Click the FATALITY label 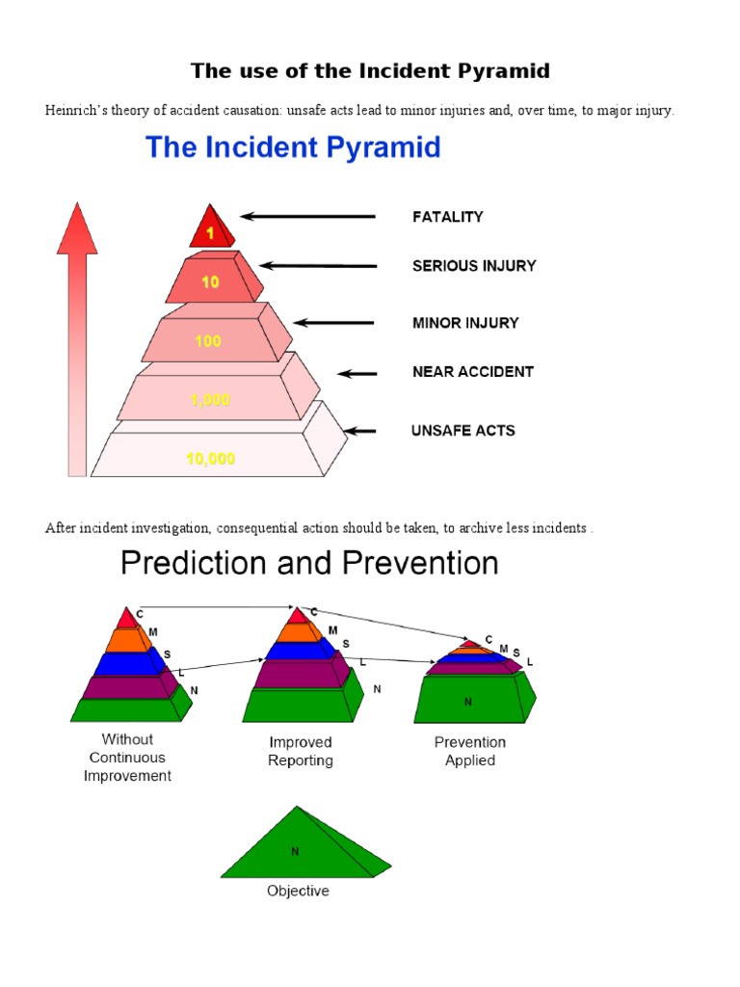pos(448,217)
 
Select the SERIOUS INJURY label pos(474,265)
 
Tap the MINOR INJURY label pos(465,323)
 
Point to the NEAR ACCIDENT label pos(473,371)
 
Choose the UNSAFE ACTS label pos(462,430)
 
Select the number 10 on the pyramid pos(210,282)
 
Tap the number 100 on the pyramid pos(207,341)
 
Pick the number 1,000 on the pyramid pos(210,400)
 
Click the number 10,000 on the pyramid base pos(210,459)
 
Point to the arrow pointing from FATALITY pos(307,217)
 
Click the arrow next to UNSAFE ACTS pos(360,431)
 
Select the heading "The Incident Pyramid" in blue pos(293,147)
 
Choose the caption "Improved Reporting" pos(301,752)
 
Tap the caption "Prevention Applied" pos(470,752)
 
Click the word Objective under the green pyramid pos(298,891)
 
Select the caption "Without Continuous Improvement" pos(127,758)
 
